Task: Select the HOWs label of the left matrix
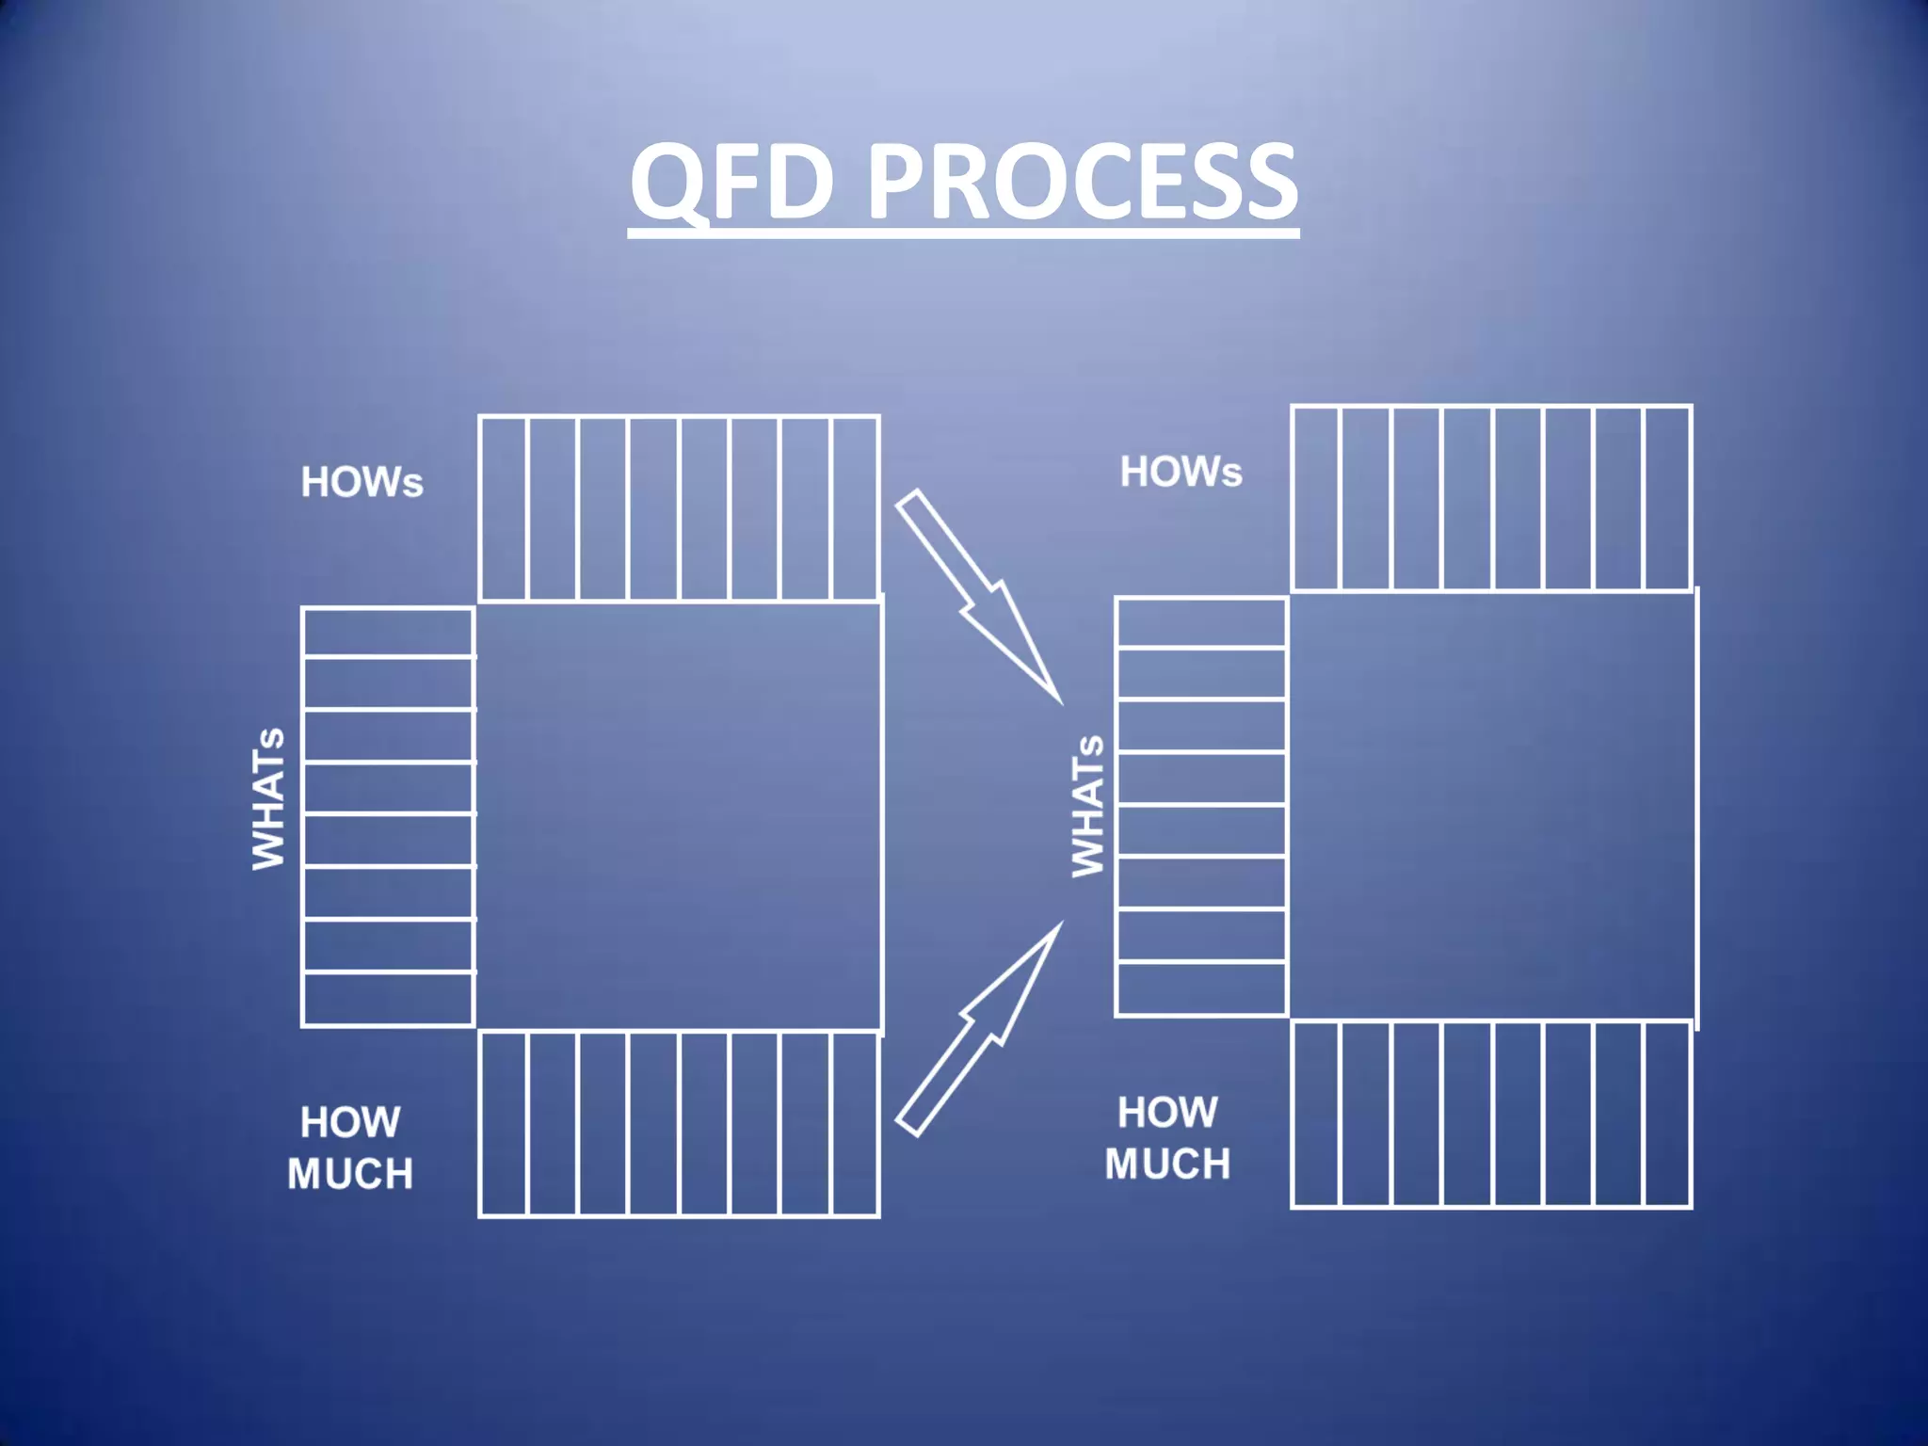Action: [361, 482]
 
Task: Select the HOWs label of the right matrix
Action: [1181, 472]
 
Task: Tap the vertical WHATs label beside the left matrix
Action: [268, 798]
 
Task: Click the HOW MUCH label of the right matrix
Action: [1167, 1138]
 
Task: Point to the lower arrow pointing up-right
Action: [979, 1031]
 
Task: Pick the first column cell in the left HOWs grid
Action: [504, 508]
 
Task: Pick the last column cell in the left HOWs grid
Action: [855, 508]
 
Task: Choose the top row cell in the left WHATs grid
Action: [388, 633]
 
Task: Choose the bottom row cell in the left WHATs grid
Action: [388, 999]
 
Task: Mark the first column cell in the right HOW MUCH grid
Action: [1316, 1115]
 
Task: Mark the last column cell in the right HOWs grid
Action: [1667, 499]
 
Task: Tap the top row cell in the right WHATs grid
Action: [1200, 623]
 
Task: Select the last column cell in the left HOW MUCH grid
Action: [855, 1125]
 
